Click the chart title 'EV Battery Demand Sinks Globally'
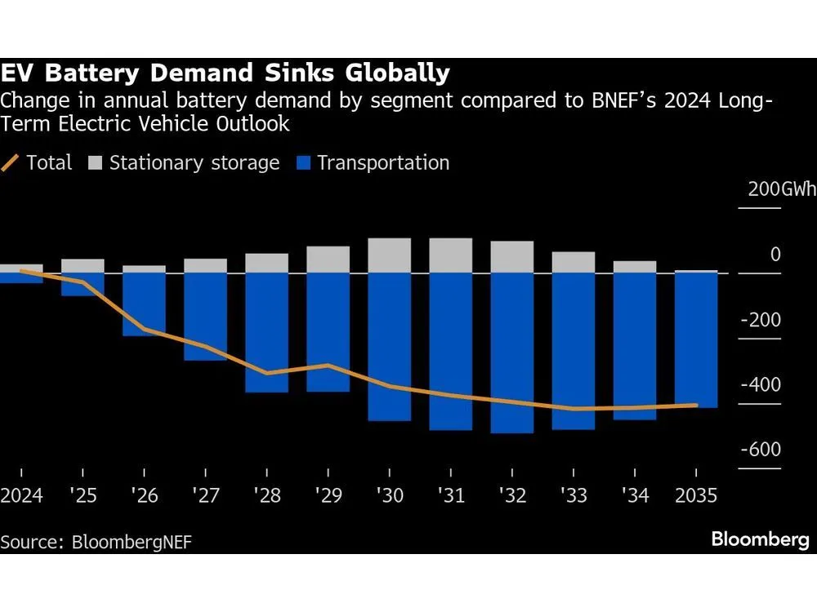[x=225, y=74]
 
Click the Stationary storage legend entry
[x=184, y=163]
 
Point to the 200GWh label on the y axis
[x=781, y=189]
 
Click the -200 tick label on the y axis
[x=760, y=321]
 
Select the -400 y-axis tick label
[x=760, y=385]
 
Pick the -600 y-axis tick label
[x=760, y=450]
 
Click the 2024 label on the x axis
[x=21, y=496]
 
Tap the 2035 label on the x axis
[x=695, y=496]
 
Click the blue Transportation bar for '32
[x=511, y=353]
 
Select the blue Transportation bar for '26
[x=144, y=304]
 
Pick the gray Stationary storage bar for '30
[x=389, y=255]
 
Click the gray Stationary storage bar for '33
[x=573, y=262]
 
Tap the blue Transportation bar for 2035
[x=695, y=340]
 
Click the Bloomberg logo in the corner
[x=760, y=539]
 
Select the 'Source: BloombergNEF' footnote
[x=96, y=542]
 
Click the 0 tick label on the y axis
[x=775, y=255]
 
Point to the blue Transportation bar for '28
[x=266, y=332]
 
